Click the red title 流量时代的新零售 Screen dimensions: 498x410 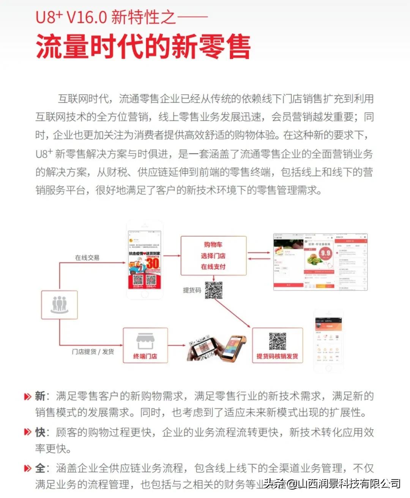143,47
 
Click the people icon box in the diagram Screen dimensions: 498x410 59,305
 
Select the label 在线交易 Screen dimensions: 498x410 87,258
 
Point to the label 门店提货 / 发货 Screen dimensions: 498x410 93,352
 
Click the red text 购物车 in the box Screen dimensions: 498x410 213,245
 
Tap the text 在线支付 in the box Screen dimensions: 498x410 213,267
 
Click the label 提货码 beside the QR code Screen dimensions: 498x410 192,290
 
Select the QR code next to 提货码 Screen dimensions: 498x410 213,290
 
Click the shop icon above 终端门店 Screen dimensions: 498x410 145,341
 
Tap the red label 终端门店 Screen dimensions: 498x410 145,356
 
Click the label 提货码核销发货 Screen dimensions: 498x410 277,356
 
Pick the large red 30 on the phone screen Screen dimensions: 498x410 153,263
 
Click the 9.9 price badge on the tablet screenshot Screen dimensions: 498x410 325,253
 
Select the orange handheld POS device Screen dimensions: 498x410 233,347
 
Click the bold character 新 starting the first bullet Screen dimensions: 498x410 40,396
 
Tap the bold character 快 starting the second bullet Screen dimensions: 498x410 40,432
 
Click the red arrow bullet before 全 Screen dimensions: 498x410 27,468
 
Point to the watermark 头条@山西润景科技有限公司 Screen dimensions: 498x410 332,484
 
